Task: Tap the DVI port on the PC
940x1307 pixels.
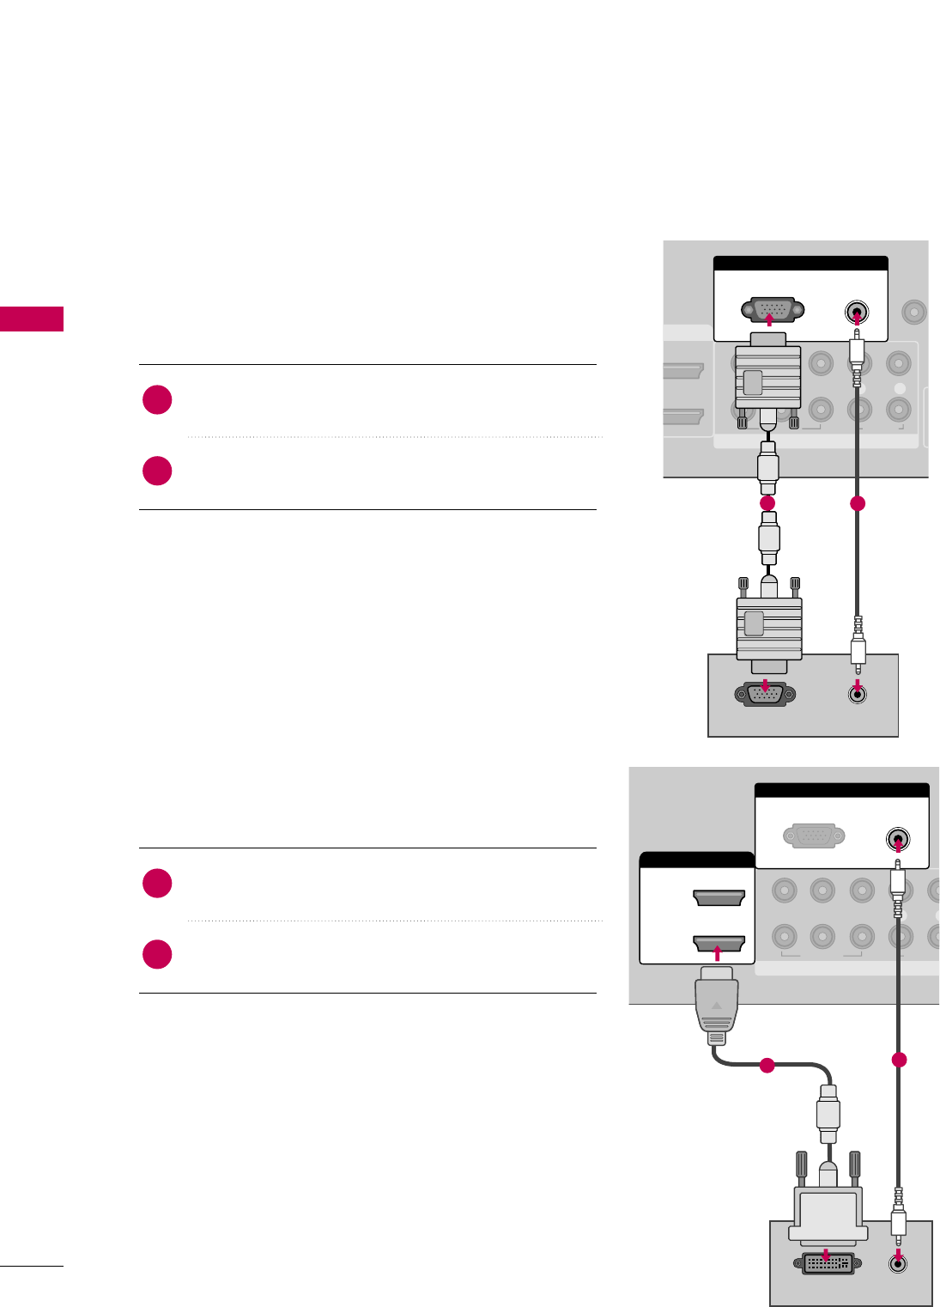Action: (x=827, y=1263)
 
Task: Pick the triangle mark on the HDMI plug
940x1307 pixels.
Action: (x=717, y=1003)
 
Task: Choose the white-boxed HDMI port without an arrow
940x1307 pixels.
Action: (x=718, y=897)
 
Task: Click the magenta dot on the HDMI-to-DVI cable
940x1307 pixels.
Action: (x=767, y=1066)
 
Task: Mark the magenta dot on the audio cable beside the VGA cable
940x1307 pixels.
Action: (x=857, y=504)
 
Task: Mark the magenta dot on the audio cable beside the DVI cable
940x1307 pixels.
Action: (x=899, y=1060)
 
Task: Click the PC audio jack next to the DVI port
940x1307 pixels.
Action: (x=898, y=1262)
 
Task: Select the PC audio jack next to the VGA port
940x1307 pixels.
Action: (x=857, y=694)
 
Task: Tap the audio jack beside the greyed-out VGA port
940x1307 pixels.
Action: (x=897, y=839)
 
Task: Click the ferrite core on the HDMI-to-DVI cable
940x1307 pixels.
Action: (x=828, y=1114)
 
